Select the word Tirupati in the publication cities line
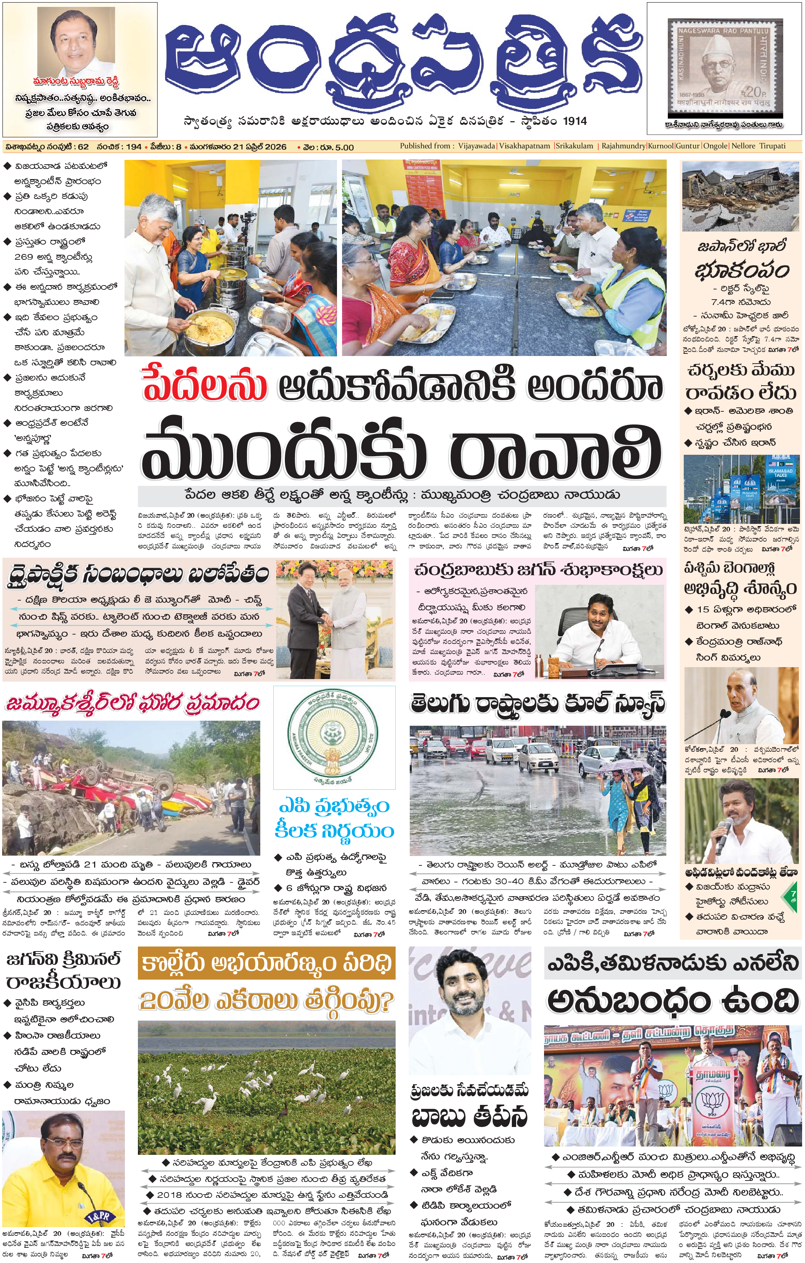(772, 146)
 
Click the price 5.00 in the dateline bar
(344, 147)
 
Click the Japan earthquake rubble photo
(741, 196)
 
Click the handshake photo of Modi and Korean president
(334, 619)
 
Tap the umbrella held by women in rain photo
(622, 767)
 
